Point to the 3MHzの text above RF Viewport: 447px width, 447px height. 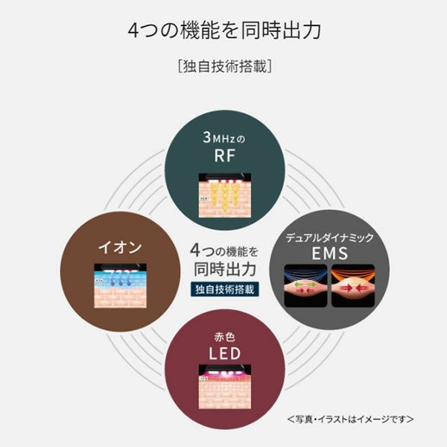pos(223,136)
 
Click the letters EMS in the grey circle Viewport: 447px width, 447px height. pos(334,255)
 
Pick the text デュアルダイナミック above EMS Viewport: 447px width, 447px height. pos(334,237)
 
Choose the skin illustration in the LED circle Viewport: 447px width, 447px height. pos(223,387)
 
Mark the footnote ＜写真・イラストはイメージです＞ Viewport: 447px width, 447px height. pos(351,419)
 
